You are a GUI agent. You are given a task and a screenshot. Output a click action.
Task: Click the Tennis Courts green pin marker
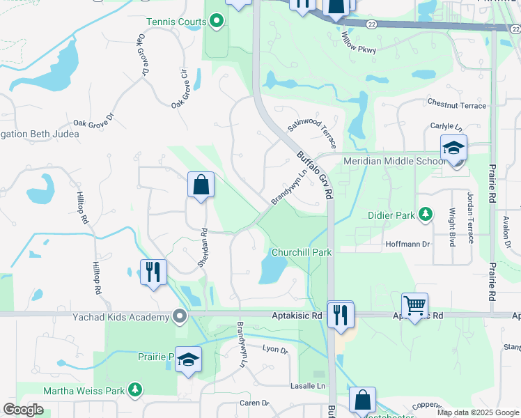(217, 22)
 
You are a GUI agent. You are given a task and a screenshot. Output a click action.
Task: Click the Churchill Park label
(301, 252)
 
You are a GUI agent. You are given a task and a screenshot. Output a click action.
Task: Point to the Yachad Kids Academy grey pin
(180, 317)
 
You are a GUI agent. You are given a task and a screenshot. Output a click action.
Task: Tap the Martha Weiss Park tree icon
(137, 389)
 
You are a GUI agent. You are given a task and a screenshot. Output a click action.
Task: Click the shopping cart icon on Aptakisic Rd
(414, 304)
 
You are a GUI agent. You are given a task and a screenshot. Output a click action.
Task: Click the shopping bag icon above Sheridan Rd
(201, 185)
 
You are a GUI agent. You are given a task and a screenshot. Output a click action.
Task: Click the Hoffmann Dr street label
(408, 245)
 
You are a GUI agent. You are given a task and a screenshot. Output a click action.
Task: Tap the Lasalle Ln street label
(308, 386)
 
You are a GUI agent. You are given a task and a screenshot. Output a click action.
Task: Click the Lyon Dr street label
(275, 350)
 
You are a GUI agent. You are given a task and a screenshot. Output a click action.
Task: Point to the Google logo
(23, 410)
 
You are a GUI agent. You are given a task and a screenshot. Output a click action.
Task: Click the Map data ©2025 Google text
(477, 412)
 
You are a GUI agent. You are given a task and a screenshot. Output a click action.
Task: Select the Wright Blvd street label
(452, 226)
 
